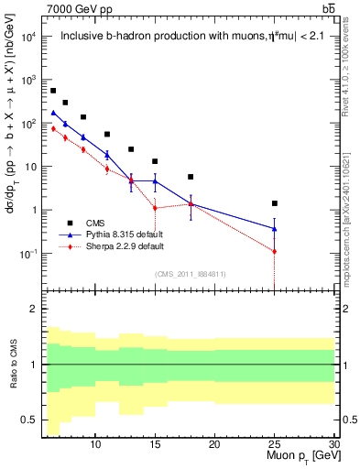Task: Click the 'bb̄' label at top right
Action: (x=328, y=8)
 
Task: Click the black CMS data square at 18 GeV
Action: (x=191, y=177)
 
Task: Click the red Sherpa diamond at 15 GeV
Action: (x=155, y=208)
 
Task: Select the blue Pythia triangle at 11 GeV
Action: (x=107, y=155)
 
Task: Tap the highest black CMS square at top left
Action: (x=53, y=91)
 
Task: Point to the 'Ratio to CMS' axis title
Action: (x=13, y=365)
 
